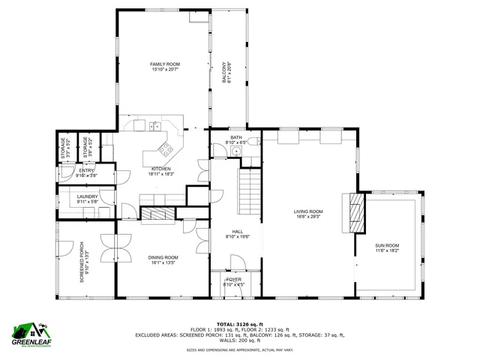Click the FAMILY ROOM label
[x=165, y=64]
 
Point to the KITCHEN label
[x=161, y=169]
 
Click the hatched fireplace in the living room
[x=355, y=213]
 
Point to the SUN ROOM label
[x=387, y=245]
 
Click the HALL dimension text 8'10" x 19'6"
[x=237, y=237]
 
